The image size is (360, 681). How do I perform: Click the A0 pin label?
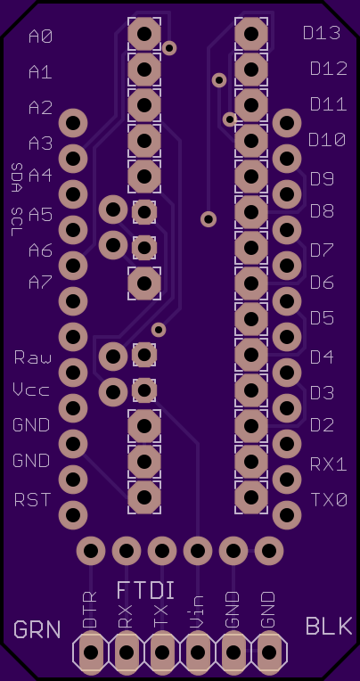[x=41, y=37]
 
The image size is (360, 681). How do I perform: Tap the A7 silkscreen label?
[x=41, y=283]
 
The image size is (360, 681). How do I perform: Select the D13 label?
[x=322, y=33]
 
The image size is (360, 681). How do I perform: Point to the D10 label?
[x=327, y=140]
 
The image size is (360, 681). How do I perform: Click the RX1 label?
[x=329, y=464]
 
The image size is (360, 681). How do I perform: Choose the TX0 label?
[x=329, y=500]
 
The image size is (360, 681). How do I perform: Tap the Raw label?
[x=33, y=357]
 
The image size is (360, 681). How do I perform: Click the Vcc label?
[x=31, y=390]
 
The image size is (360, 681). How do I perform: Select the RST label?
[x=33, y=500]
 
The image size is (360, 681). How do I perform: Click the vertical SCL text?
[x=17, y=221]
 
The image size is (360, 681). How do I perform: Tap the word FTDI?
[x=146, y=591]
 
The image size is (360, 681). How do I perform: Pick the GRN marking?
[x=37, y=629]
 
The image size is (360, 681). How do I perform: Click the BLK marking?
[x=329, y=627]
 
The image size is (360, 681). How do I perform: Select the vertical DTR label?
[x=90, y=610]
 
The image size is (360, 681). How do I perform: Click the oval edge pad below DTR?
[x=91, y=652]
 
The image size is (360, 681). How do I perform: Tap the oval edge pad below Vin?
[x=198, y=652]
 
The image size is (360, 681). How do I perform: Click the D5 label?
[x=323, y=318]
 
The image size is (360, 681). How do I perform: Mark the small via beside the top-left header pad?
[x=169, y=48]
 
